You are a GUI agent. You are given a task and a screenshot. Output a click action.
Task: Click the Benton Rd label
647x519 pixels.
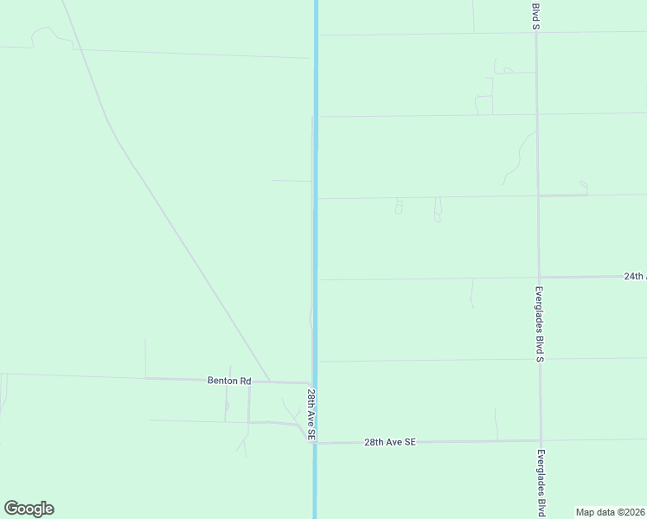pos(228,380)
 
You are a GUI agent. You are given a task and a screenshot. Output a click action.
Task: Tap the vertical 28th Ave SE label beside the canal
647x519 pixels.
pos(310,415)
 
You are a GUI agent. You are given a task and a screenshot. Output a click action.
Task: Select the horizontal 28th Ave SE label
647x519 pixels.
pos(390,442)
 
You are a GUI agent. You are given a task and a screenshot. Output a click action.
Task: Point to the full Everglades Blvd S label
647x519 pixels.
pos(539,324)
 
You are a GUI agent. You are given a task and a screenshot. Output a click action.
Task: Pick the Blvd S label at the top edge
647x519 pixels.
pos(535,16)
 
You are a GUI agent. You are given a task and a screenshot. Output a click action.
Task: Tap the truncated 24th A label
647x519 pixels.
pos(634,277)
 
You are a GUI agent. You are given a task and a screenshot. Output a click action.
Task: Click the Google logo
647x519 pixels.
pos(29,509)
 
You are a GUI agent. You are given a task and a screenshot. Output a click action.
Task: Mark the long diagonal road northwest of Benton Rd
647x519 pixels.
pos(173,234)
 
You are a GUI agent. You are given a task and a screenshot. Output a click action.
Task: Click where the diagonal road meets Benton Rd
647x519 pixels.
pos(269,381)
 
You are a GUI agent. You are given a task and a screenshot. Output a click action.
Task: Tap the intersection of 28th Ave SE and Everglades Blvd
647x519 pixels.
pos(541,441)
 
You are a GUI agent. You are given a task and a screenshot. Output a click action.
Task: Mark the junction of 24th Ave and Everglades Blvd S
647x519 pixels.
pos(540,278)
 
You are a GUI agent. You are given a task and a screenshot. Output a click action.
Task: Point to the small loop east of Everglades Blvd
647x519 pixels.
pos(584,185)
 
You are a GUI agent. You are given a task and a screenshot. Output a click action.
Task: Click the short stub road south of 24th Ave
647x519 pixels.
pos(471,292)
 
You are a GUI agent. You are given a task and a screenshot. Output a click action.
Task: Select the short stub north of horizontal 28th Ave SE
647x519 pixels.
pos(496,422)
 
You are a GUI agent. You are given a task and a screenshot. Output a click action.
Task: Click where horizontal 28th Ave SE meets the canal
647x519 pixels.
pos(316,443)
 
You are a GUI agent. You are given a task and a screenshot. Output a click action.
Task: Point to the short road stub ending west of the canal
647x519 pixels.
pos(291,181)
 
